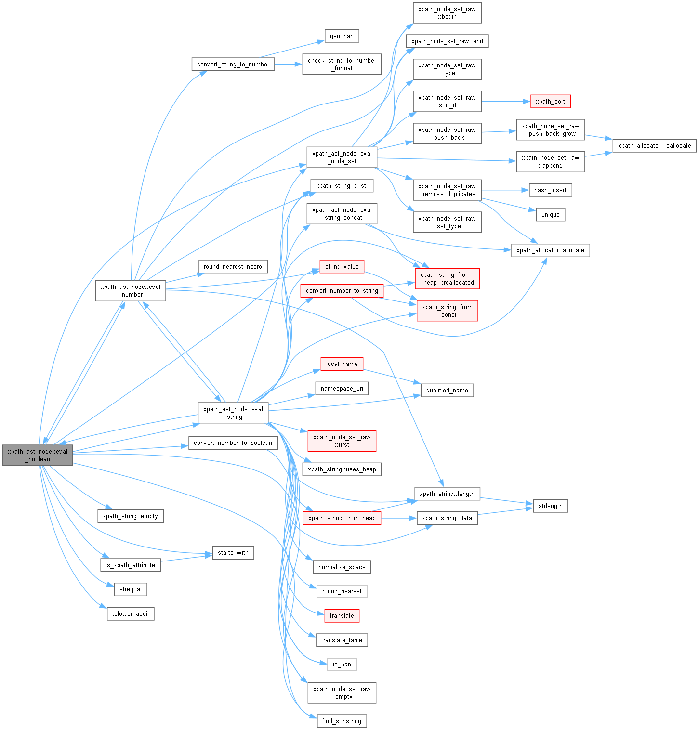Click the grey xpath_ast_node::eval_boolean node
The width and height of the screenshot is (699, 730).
38,455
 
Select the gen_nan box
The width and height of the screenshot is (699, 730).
342,36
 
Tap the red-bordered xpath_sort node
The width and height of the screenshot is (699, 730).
550,102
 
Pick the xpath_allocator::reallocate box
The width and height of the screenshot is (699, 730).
654,145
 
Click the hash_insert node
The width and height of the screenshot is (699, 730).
550,190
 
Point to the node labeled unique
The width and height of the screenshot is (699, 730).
550,215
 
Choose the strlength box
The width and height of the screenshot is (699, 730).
550,506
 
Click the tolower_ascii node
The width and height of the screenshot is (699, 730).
130,614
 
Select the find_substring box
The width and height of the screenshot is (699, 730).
342,721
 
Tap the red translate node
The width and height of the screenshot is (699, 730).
342,616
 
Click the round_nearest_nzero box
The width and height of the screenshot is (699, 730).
233,267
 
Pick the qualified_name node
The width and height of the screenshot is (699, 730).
447,391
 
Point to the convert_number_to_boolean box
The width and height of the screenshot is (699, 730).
233,443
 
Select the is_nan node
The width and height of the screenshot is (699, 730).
342,665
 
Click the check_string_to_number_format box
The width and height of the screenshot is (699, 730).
342,65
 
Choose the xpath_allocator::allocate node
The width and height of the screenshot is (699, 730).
550,250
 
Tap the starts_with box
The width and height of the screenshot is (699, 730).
233,553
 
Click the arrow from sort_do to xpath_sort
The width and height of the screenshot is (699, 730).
506,102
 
